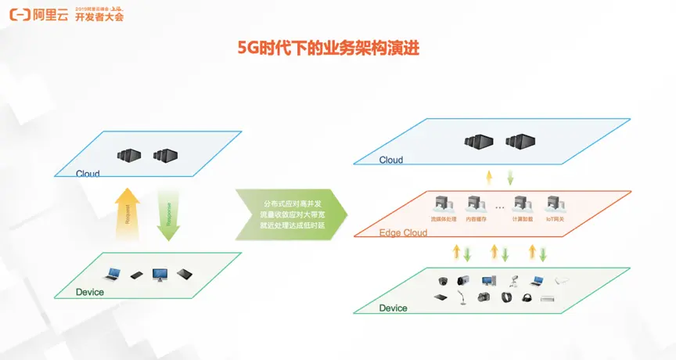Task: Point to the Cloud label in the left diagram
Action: pos(88,173)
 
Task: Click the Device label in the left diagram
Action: pos(90,292)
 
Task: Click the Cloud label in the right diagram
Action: pos(390,160)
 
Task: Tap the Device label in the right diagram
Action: pos(393,308)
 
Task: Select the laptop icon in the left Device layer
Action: pos(114,274)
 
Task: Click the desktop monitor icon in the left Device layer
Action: pos(160,275)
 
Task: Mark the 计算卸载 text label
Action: pos(522,220)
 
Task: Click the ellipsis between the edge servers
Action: pos(498,207)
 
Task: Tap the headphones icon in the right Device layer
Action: pos(526,297)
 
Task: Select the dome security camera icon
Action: pos(443,280)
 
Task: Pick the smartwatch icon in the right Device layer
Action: pos(505,297)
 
